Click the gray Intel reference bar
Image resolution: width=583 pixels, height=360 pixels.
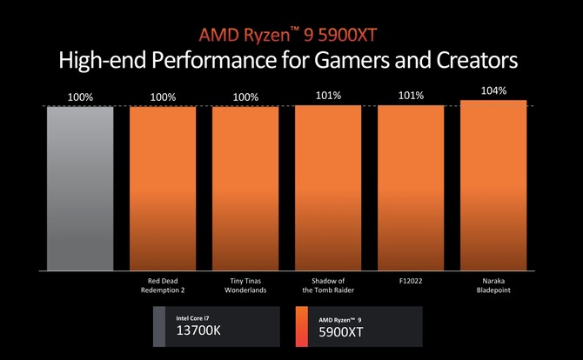tap(80, 187)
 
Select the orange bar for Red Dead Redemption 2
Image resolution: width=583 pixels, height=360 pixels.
tap(163, 187)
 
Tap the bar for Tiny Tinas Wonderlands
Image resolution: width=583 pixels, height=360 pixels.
tap(245, 187)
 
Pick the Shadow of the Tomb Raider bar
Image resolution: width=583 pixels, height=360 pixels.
tap(328, 187)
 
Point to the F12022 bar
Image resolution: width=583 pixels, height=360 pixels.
tap(411, 187)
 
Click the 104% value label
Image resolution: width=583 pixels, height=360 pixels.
tap(493, 90)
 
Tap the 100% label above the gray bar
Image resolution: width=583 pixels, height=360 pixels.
tap(80, 97)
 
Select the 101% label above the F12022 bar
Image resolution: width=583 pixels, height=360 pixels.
tap(411, 97)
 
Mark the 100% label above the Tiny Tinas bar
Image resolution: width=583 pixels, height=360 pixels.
tap(245, 97)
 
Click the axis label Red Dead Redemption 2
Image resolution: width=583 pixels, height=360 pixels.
tap(163, 286)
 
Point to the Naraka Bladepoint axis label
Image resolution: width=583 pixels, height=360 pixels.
tap(493, 286)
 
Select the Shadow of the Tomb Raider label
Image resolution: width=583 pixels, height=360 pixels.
tap(328, 286)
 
